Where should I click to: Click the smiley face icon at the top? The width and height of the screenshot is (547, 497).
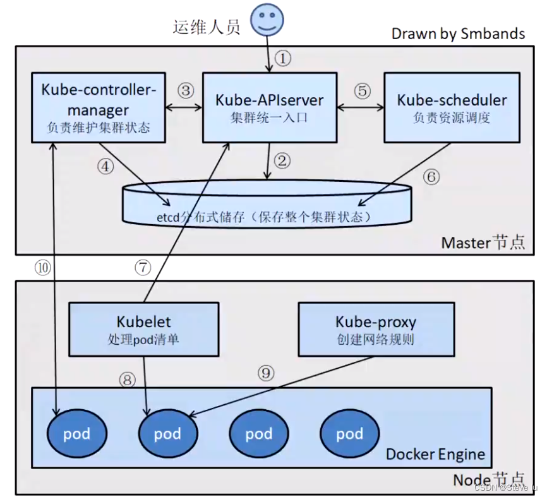click(x=267, y=20)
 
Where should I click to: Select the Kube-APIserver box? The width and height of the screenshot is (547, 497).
click(x=270, y=107)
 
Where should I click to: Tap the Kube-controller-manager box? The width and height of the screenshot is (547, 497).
click(x=99, y=107)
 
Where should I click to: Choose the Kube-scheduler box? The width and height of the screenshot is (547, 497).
click(x=452, y=107)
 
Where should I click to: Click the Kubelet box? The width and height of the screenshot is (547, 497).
click(x=144, y=328)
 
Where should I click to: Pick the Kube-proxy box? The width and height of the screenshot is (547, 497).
click(x=376, y=328)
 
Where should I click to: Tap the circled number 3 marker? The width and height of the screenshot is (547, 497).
click(x=185, y=90)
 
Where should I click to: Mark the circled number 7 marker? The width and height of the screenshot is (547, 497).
click(x=143, y=267)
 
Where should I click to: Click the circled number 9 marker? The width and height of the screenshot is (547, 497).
click(x=267, y=373)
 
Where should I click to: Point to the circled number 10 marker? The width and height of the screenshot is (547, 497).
click(x=42, y=267)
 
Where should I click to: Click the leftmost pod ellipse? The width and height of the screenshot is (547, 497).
click(x=76, y=433)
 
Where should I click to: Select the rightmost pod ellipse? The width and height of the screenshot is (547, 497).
click(x=349, y=433)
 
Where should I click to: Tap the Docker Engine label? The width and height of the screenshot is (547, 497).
click(x=435, y=454)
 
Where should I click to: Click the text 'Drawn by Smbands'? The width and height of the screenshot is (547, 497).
click(x=458, y=33)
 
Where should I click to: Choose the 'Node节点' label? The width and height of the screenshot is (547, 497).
click(x=488, y=480)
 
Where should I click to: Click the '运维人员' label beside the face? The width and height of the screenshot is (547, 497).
click(x=207, y=27)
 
